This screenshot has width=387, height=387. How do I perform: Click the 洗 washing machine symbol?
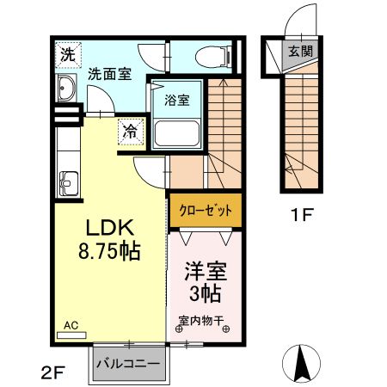click(68, 53)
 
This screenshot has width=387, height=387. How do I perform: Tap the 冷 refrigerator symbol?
click(130, 132)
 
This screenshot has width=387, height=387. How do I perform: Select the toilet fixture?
click(212, 57)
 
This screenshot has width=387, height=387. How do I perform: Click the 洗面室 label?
click(109, 75)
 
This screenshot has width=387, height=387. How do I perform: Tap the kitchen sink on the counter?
click(67, 182)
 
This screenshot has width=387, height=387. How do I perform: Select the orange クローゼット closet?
click(206, 209)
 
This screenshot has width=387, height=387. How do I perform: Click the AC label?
click(72, 327)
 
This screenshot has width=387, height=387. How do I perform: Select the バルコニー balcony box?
click(126, 364)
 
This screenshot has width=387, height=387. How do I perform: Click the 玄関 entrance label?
click(300, 51)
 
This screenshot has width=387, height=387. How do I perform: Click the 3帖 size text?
click(206, 295)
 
